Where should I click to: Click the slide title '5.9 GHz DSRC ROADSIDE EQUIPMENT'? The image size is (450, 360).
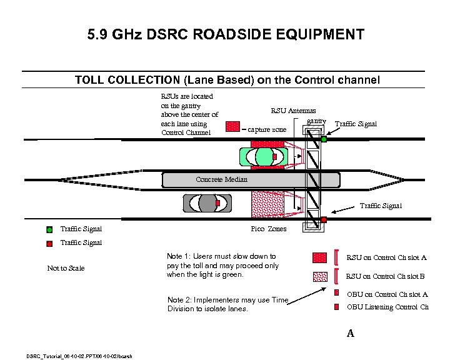(x=226, y=34)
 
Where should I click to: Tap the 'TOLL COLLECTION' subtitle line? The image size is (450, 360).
(x=227, y=80)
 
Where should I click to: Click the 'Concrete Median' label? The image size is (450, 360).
(x=221, y=179)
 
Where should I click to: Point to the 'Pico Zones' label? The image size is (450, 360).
(x=269, y=229)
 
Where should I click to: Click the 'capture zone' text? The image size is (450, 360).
(x=267, y=129)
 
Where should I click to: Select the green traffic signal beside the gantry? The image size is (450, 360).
(x=324, y=139)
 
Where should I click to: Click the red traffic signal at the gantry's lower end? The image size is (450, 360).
(x=324, y=219)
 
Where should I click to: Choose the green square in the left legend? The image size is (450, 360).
(x=49, y=229)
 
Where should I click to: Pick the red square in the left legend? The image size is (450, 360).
(x=49, y=243)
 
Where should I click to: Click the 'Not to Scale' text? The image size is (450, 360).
(x=66, y=268)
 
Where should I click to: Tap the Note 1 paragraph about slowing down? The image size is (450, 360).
(x=222, y=265)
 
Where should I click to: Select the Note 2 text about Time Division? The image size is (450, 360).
(x=227, y=304)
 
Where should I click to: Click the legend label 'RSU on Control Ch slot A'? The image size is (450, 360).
(x=386, y=257)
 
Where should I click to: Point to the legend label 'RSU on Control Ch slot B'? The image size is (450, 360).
(x=386, y=276)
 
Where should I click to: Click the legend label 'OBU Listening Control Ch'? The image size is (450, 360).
(x=387, y=307)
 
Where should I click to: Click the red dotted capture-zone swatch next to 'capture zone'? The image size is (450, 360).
(x=232, y=127)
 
